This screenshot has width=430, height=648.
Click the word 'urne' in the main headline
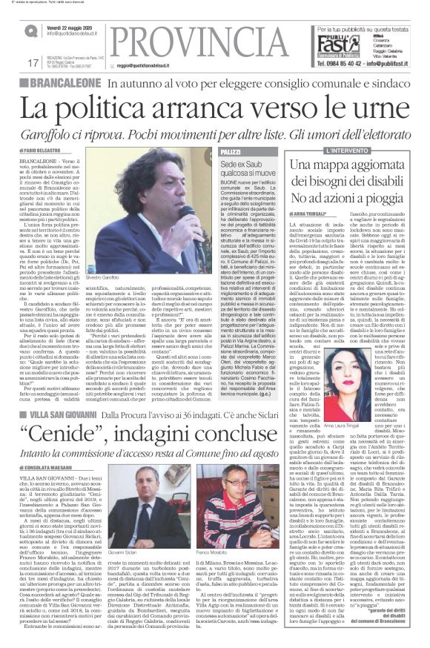click(x=374, y=109)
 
